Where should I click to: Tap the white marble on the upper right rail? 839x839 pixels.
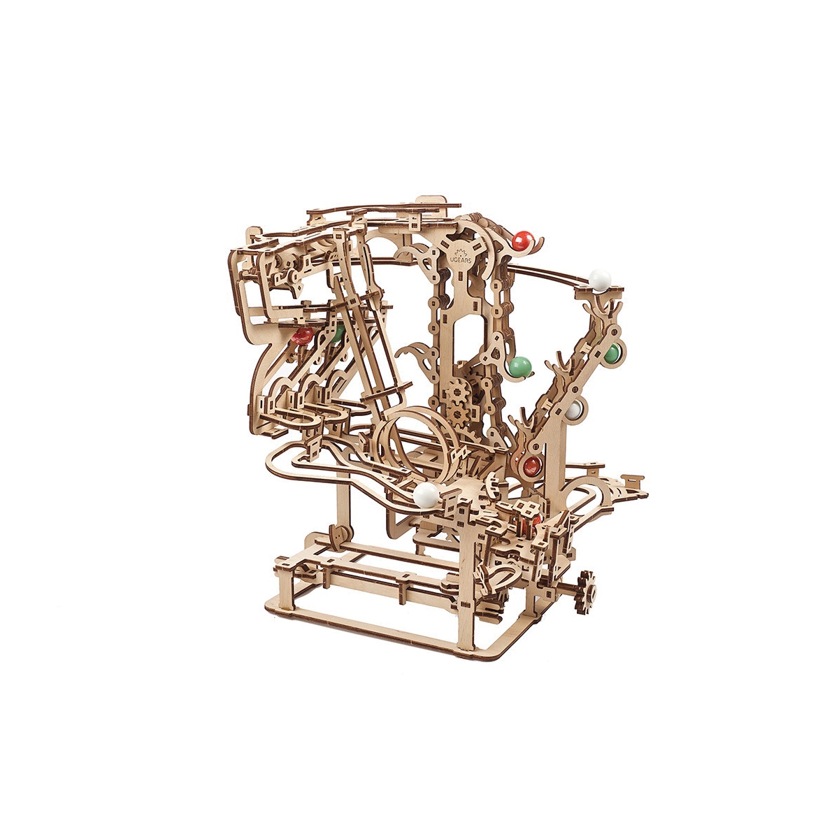[x=599, y=280]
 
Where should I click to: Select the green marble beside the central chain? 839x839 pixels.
[x=519, y=366]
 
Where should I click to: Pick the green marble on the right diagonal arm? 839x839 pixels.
[x=611, y=353]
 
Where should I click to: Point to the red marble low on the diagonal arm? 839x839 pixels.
[x=531, y=465]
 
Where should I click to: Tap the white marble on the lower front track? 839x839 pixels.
[x=425, y=495]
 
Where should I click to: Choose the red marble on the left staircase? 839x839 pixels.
[x=302, y=336]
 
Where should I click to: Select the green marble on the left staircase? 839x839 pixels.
[x=338, y=332]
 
